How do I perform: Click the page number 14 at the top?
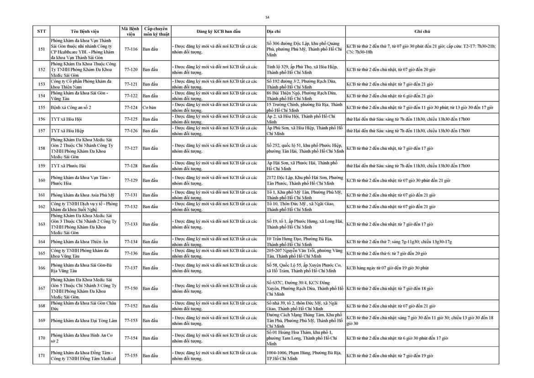[267, 17]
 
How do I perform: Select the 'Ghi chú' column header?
[422, 31]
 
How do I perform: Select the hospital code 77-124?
[131, 107]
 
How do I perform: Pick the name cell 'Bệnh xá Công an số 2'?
[74, 107]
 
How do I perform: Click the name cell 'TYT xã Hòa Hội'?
[67, 119]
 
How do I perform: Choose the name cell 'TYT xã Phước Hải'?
[69, 165]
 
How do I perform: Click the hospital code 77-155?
[131, 355]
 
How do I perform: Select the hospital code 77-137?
[131, 268]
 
